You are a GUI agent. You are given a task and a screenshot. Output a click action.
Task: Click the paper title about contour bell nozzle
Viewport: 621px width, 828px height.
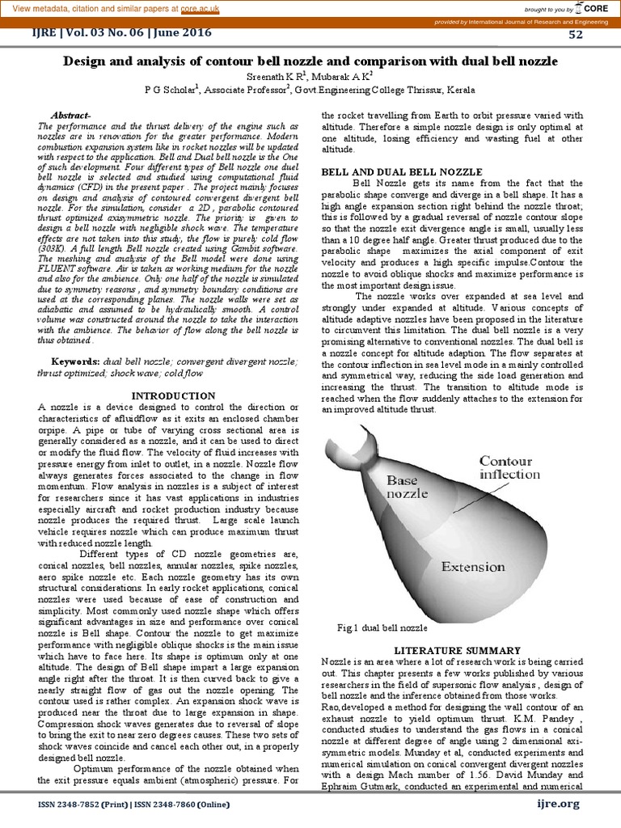[310, 61]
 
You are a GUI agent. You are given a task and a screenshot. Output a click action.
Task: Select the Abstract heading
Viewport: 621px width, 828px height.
[72, 116]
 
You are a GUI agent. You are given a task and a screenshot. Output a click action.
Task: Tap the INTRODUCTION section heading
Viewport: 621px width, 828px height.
[173, 395]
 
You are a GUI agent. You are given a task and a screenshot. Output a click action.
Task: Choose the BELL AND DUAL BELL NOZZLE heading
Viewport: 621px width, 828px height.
[402, 172]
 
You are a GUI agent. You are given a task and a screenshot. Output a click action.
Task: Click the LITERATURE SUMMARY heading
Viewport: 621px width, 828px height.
[456, 649]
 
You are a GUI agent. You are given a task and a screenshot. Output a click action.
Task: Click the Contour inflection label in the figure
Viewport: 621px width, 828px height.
[505, 467]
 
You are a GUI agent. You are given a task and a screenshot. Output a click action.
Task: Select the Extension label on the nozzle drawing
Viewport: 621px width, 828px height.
[472, 567]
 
